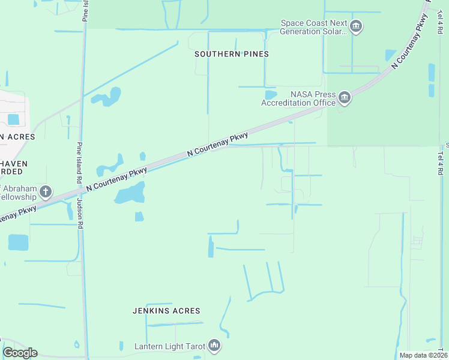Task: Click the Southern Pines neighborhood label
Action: (231, 54)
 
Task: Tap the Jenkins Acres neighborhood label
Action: (166, 311)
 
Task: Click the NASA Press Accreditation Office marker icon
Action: (344, 97)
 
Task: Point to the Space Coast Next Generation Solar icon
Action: (356, 26)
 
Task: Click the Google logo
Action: (20, 353)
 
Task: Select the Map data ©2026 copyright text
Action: (423, 355)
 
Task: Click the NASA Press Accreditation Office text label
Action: (298, 98)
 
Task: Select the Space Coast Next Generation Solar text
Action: (314, 28)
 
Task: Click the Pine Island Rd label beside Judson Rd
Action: (79, 162)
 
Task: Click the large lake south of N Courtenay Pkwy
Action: (130, 194)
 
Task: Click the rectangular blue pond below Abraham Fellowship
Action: (18, 242)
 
